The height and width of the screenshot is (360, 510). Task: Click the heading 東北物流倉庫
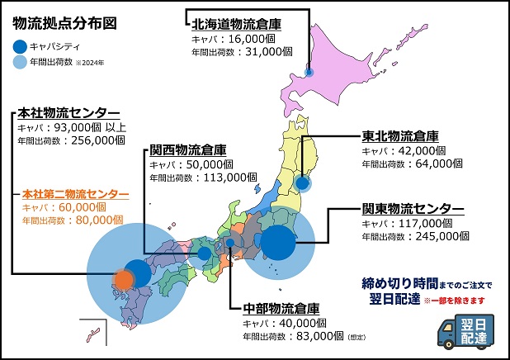(x=400, y=136)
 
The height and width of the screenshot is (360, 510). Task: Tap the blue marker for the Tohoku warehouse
(x=303, y=183)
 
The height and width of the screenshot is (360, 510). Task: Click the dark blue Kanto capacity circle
(x=280, y=244)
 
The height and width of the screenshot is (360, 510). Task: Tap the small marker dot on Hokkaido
(x=308, y=73)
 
